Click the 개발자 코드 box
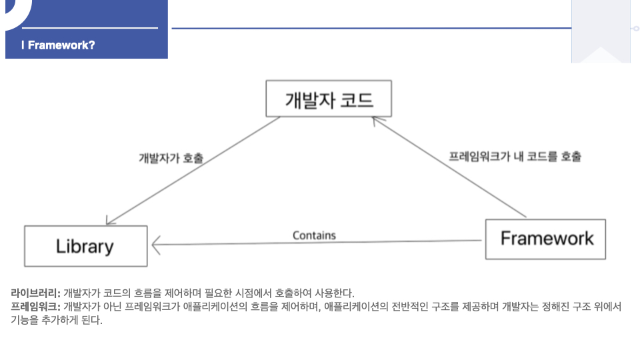click(x=329, y=99)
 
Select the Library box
click(x=85, y=246)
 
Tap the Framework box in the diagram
click(x=545, y=239)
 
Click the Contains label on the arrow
click(x=314, y=235)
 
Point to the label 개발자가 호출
click(x=171, y=158)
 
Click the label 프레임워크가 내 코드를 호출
click(x=515, y=157)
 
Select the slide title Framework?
click(x=61, y=45)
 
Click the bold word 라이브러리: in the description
click(x=35, y=293)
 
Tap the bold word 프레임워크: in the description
click(x=35, y=307)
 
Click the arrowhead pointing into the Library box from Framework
click(x=157, y=245)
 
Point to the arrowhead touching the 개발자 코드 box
click(x=377, y=121)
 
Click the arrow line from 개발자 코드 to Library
click(x=193, y=171)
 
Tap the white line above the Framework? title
click(x=90, y=28)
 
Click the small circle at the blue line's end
click(x=635, y=28)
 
